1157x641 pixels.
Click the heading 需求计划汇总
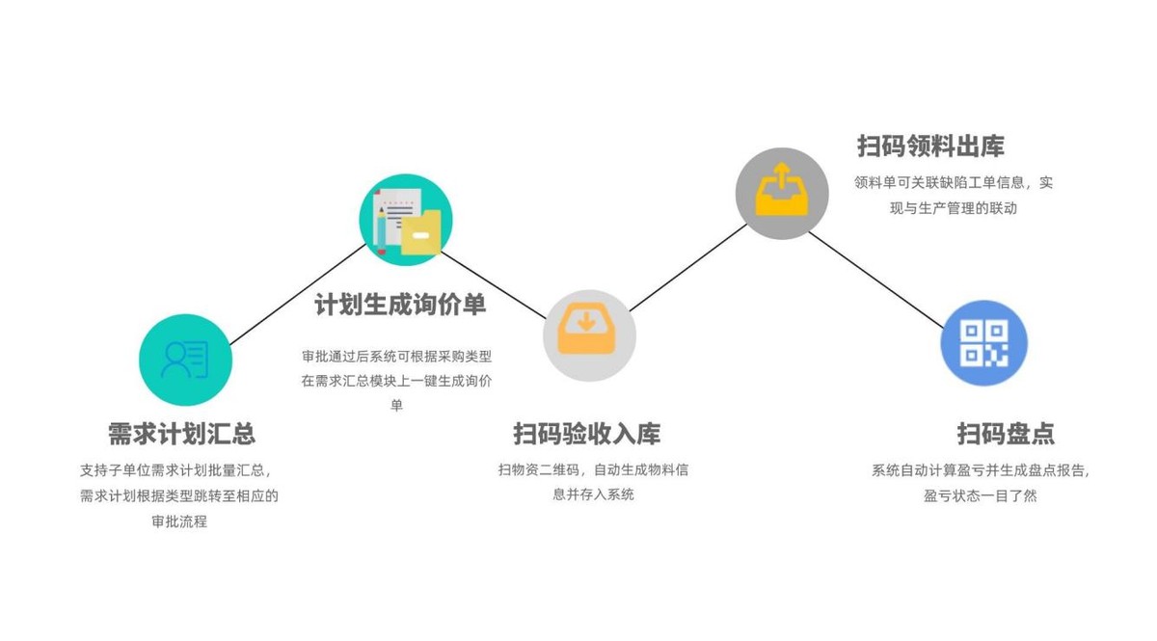point(181,434)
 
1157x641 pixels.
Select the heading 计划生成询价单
point(400,305)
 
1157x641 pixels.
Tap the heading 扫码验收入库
point(586,434)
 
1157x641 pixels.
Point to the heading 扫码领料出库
point(930,147)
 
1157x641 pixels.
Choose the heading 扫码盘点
point(1006,434)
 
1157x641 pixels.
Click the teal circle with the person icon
point(185,361)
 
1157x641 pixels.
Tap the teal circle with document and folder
point(406,220)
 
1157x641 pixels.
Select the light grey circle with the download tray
point(589,335)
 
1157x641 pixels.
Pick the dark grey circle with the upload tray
point(782,194)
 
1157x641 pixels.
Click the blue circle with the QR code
point(983,343)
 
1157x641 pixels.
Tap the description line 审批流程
point(179,521)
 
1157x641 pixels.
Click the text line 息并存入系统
point(593,494)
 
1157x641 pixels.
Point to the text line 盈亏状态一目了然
point(980,496)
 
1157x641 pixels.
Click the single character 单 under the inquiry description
point(396,405)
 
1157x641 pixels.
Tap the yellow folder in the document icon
point(420,233)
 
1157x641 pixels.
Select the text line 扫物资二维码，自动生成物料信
point(593,470)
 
